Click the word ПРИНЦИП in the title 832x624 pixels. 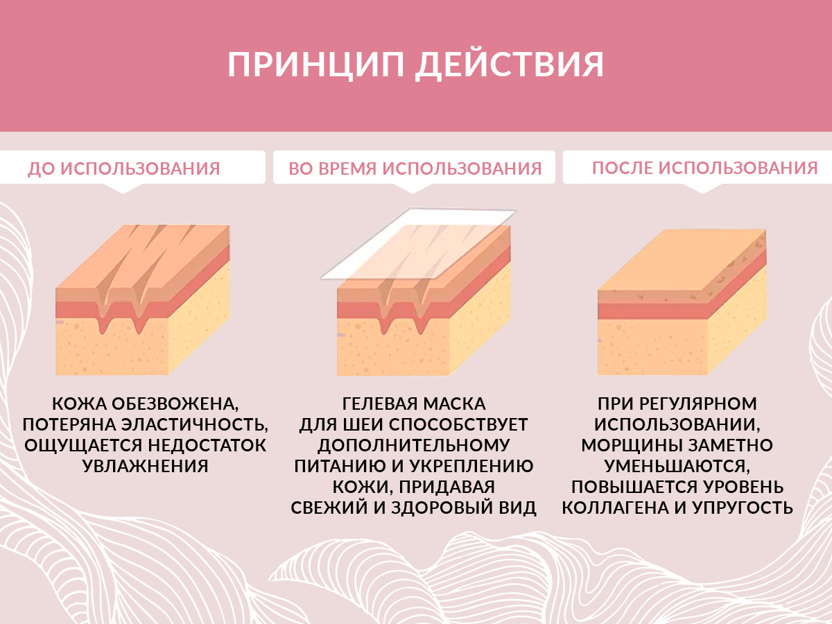click(315, 64)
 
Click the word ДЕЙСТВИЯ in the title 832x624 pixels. click(510, 66)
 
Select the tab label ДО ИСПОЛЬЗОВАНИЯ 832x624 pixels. click(124, 168)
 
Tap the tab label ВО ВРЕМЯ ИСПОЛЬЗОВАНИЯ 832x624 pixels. click(415, 168)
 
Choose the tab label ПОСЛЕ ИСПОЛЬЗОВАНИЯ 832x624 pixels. click(705, 168)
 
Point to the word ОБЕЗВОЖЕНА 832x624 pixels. click(175, 404)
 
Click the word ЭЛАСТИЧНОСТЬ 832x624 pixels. click(194, 425)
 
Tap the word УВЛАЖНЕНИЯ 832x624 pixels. click(146, 466)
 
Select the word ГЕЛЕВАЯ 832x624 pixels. click(379, 404)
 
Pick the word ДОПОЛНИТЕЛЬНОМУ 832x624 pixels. click(414, 446)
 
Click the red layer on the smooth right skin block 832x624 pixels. click(652, 311)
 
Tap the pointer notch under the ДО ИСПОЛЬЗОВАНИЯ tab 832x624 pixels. click(123, 189)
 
